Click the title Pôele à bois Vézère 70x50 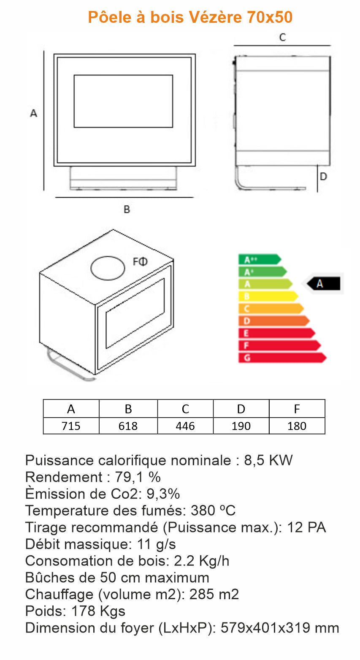(x=190, y=17)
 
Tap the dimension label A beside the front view (x=34, y=113)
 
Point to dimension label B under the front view (x=127, y=209)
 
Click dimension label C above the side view (x=282, y=37)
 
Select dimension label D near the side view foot (x=323, y=177)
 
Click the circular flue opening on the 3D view (x=108, y=268)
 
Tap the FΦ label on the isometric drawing (x=141, y=262)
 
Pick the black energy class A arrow (x=323, y=284)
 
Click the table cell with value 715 (x=71, y=426)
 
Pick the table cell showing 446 (x=185, y=426)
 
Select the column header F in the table (x=297, y=409)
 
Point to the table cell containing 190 (x=241, y=426)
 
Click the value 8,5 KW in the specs (x=268, y=460)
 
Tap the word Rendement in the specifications (x=63, y=477)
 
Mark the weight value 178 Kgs (x=98, y=611)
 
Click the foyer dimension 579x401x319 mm (x=280, y=628)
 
